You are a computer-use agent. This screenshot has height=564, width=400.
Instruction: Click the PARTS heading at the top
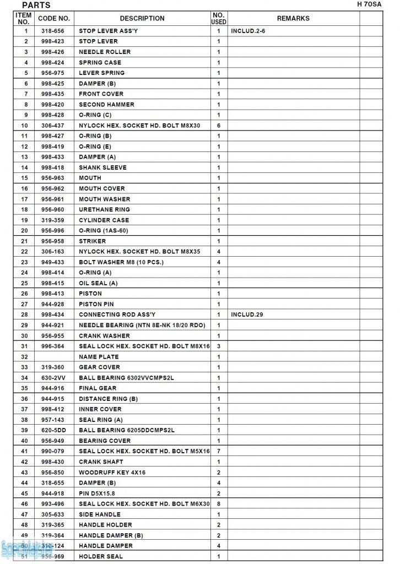coord(36,6)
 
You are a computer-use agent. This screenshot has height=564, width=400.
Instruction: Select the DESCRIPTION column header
coord(142,19)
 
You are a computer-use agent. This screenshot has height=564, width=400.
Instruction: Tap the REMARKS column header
coord(293,19)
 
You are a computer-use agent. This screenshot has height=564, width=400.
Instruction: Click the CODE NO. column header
coord(53,19)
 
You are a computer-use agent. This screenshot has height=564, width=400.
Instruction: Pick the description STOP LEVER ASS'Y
coord(108,31)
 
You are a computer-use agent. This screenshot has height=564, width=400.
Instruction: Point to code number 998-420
coord(52,105)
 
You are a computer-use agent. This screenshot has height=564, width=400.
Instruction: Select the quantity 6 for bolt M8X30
coord(219,126)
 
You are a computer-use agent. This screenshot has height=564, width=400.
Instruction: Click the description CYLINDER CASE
coord(104,220)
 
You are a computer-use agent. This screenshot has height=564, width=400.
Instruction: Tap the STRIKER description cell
coord(93,241)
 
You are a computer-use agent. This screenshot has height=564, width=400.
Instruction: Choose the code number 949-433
coord(52,262)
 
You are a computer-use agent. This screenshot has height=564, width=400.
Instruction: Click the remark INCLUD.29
coord(247,314)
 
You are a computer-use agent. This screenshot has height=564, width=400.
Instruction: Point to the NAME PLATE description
coord(99,357)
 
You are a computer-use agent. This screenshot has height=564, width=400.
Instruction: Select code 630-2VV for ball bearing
coord(52,378)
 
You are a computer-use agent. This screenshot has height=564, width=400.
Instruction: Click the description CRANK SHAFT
coord(101,462)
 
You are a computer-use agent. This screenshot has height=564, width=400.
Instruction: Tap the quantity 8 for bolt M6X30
coord(219,504)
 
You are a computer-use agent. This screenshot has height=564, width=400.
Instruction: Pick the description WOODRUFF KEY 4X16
coord(112,473)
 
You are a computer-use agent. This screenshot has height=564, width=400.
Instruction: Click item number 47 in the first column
coord(24,514)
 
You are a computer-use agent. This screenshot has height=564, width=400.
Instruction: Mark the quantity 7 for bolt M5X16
coord(219,452)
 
